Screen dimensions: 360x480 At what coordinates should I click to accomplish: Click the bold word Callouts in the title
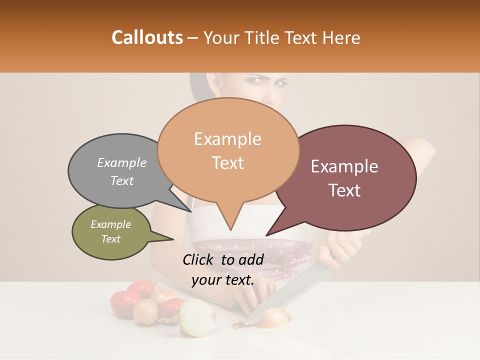click(x=147, y=37)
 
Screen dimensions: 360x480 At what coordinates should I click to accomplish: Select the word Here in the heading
click(x=341, y=37)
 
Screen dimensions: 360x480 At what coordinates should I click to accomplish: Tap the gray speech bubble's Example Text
click(x=121, y=171)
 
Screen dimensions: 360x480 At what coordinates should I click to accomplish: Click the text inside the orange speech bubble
click(x=228, y=150)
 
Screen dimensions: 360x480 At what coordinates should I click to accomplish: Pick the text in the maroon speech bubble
click(x=344, y=178)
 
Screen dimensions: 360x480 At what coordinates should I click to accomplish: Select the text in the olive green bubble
click(x=110, y=231)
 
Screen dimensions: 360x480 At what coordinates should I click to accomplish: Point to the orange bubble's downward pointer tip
click(x=230, y=230)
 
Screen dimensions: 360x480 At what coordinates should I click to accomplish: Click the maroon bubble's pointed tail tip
click(x=266, y=235)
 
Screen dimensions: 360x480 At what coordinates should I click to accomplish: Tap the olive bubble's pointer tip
click(x=173, y=239)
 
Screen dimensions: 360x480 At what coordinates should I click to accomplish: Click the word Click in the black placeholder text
click(x=199, y=259)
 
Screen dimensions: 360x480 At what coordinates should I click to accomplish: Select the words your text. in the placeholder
click(x=223, y=280)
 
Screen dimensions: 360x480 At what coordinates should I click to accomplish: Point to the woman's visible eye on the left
click(x=255, y=80)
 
